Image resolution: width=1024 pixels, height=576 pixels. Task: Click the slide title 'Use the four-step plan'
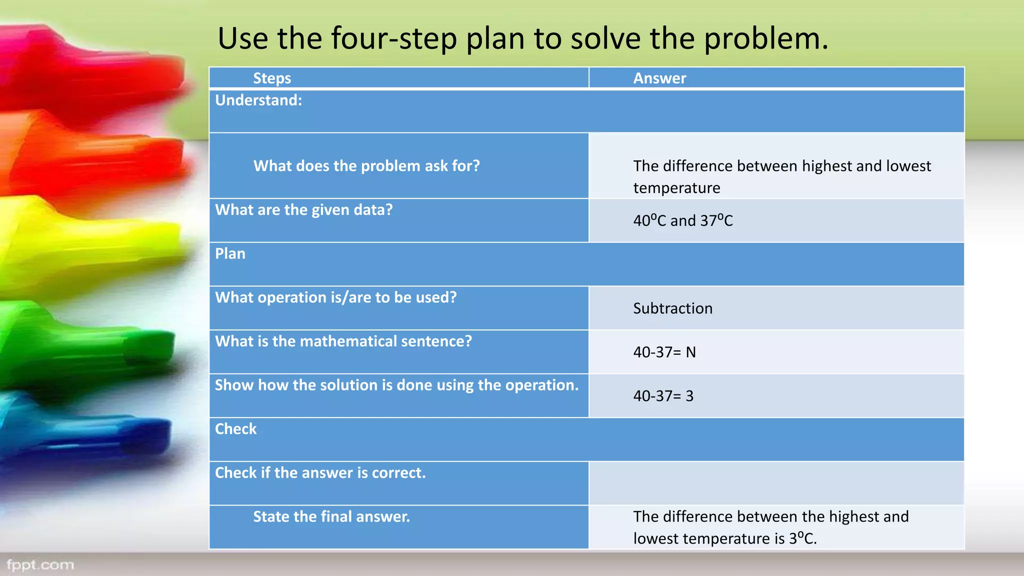pyautogui.click(x=522, y=38)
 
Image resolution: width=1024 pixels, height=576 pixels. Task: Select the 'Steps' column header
pyautogui.click(x=272, y=78)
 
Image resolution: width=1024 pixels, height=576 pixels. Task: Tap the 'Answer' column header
pyautogui.click(x=659, y=78)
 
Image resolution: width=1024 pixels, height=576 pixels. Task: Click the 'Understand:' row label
pyautogui.click(x=258, y=100)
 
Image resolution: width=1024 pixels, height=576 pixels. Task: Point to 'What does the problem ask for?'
pyautogui.click(x=366, y=165)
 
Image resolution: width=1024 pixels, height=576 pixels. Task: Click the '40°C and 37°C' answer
pyautogui.click(x=683, y=220)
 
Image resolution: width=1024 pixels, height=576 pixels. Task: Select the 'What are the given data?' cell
pyautogui.click(x=304, y=209)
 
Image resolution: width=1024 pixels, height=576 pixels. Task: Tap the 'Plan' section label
pyautogui.click(x=230, y=253)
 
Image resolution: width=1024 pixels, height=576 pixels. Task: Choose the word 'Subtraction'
pyautogui.click(x=672, y=308)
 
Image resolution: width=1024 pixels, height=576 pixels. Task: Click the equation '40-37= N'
pyautogui.click(x=664, y=352)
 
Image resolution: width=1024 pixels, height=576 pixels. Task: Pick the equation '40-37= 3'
pyautogui.click(x=663, y=396)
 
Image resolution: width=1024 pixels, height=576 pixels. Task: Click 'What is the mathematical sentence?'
pyautogui.click(x=343, y=341)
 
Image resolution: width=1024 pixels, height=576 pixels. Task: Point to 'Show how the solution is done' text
pyautogui.click(x=396, y=385)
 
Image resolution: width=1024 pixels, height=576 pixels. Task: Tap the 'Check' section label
pyautogui.click(x=235, y=428)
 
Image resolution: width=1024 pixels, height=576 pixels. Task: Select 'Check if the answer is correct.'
pyautogui.click(x=320, y=472)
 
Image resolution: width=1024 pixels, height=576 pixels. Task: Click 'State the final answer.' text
pyautogui.click(x=331, y=516)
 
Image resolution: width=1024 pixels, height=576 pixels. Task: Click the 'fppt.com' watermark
pyautogui.click(x=40, y=565)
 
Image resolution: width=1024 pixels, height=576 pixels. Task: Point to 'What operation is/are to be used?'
pyautogui.click(x=336, y=297)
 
